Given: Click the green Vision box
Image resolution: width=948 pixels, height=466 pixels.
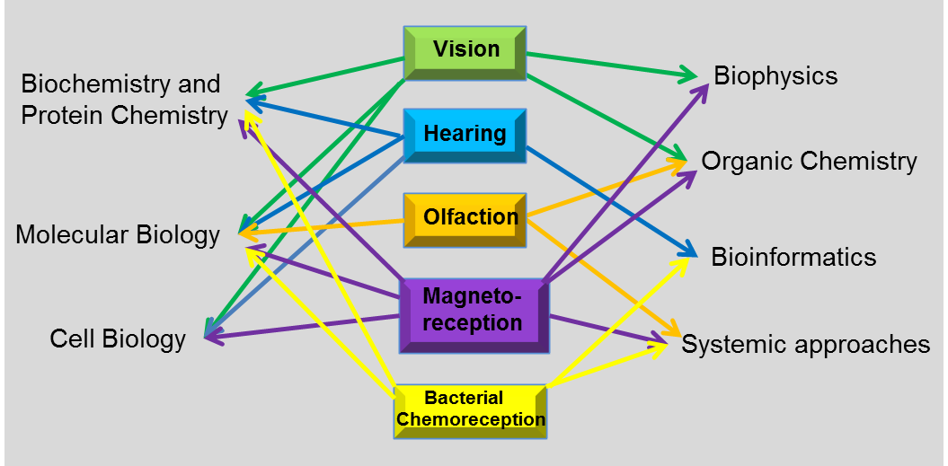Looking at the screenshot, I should [465, 50].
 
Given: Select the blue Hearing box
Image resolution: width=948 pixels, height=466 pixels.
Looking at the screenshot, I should [465, 135].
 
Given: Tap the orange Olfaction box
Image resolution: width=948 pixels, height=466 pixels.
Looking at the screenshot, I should [465, 218].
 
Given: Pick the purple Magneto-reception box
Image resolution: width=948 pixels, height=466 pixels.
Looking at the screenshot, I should [473, 311].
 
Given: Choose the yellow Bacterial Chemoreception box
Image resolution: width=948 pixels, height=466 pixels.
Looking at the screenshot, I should [471, 409].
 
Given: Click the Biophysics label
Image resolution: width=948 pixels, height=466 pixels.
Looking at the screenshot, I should [775, 75].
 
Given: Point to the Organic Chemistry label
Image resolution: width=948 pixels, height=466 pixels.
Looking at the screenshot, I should [809, 162].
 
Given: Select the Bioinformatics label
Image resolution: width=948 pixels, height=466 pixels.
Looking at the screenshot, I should [793, 258].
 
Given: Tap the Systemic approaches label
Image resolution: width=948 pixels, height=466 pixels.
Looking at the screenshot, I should [805, 345].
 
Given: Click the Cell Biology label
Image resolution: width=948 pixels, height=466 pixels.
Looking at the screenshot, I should [118, 339].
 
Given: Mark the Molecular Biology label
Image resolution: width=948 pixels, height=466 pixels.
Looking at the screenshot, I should [118, 235].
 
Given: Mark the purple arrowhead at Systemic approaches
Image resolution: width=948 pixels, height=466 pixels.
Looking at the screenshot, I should [666, 342].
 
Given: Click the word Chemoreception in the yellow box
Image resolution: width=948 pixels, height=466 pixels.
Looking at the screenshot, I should [471, 419].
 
